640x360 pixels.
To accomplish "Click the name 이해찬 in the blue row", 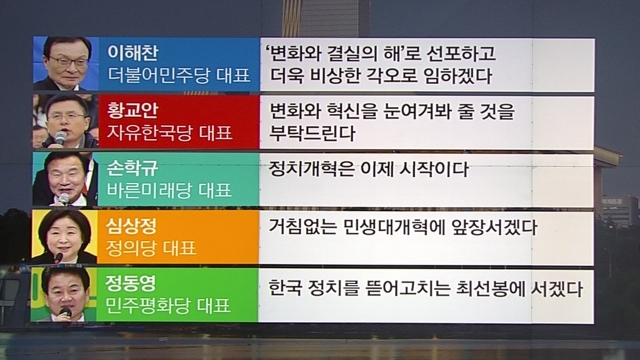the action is (132, 53).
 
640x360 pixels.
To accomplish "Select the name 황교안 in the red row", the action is (132, 111).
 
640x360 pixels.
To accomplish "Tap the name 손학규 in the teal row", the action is (132, 168).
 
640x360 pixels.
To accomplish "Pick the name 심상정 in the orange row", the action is (131, 226).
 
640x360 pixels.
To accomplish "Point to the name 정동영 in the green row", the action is (131, 283).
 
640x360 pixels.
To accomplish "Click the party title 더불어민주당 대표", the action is (179, 76).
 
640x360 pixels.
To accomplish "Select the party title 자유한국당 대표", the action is (169, 133).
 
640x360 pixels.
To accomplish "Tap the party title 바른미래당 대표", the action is (169, 191).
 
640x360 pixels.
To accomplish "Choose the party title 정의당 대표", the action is (151, 248).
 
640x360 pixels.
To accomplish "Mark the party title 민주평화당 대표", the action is (168, 306).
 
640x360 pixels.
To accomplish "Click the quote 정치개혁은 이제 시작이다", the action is (368, 169).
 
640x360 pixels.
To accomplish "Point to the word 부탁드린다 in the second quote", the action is (312, 133).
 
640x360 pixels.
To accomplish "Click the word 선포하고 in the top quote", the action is (461, 53).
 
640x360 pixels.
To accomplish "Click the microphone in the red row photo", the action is (60, 138).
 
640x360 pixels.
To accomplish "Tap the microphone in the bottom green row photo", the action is (65, 313).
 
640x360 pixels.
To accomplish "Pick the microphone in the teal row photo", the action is (63, 199).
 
